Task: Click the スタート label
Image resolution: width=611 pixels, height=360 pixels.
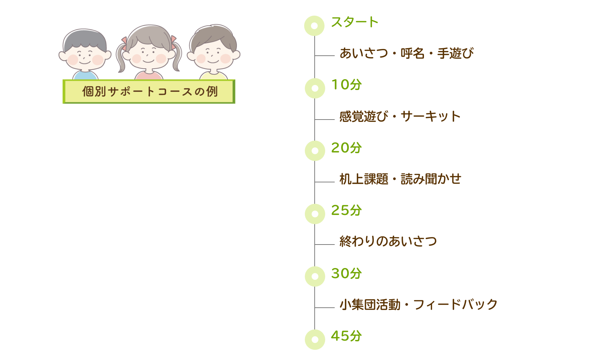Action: [354, 22]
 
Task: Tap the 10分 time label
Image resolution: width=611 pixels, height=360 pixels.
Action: [346, 85]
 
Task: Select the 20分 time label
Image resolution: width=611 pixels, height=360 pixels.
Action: [346, 148]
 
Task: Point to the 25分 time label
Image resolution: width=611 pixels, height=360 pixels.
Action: [346, 211]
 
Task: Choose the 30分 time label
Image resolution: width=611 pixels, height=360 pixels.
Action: [346, 273]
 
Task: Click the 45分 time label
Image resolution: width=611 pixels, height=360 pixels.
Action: [346, 336]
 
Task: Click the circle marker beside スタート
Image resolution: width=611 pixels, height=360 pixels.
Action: [314, 26]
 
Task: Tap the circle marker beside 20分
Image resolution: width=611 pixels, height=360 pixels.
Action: [315, 151]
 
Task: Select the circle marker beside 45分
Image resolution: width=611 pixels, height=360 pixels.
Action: [315, 339]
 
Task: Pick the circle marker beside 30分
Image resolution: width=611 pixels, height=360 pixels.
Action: [315, 276]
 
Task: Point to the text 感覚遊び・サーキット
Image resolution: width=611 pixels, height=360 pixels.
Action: [400, 116]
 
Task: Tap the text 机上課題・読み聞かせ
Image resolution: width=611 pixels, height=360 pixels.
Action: [400, 179]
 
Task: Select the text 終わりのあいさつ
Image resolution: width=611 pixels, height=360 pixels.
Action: [388, 241]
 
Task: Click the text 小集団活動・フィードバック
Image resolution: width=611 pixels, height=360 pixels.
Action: [418, 305]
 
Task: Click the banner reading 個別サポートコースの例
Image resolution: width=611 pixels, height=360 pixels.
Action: [149, 91]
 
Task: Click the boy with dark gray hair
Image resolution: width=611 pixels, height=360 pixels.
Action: [85, 51]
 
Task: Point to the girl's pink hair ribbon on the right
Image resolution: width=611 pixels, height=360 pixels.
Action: [174, 40]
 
